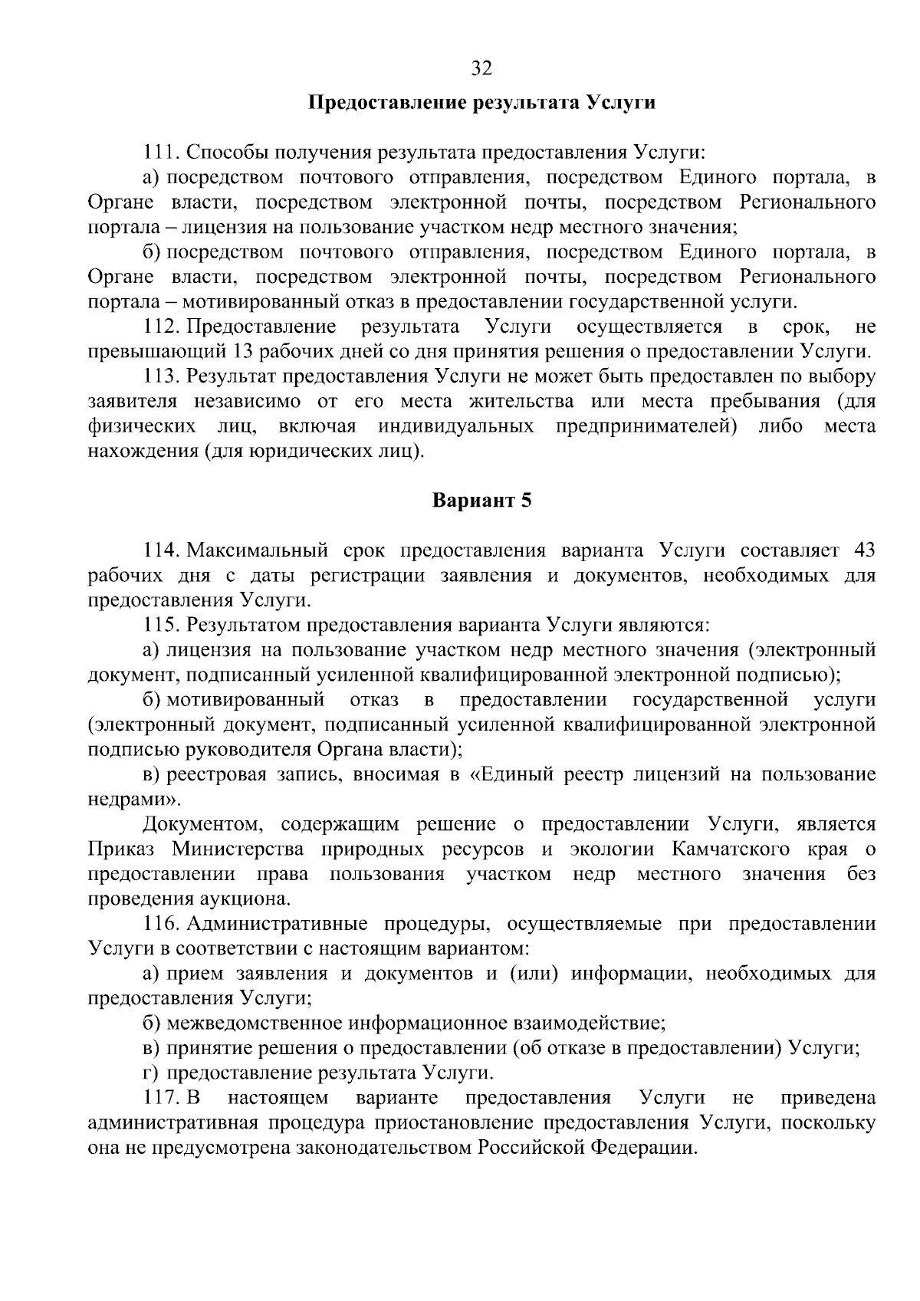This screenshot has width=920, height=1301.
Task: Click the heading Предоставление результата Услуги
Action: click(x=481, y=103)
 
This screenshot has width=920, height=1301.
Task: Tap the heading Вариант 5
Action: click(x=481, y=501)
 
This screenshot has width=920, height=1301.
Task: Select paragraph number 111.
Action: click(x=160, y=152)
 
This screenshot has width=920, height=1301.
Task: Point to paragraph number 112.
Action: click(x=160, y=327)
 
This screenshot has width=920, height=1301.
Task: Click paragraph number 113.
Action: click(x=160, y=376)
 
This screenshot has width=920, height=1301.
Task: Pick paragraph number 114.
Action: click(x=160, y=550)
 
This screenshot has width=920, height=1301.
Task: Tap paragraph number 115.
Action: click(x=160, y=625)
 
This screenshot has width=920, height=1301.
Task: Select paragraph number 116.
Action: click(x=160, y=924)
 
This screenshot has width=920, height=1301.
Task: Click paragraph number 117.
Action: click(x=160, y=1097)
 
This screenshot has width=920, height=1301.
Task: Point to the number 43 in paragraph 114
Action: click(x=863, y=550)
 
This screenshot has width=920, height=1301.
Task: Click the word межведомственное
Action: click(x=255, y=1023)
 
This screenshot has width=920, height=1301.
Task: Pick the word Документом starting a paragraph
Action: click(x=201, y=824)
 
